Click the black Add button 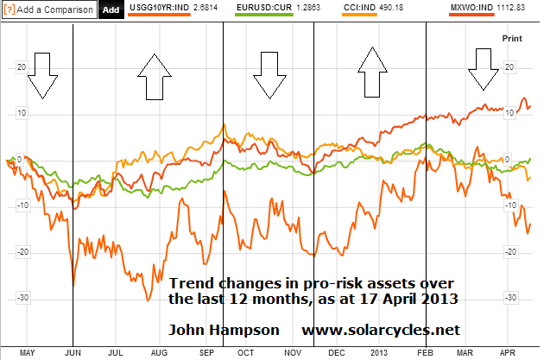coord(111,9)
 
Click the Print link coord(512,39)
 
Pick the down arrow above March coord(482,71)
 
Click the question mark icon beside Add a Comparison coord(7,9)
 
